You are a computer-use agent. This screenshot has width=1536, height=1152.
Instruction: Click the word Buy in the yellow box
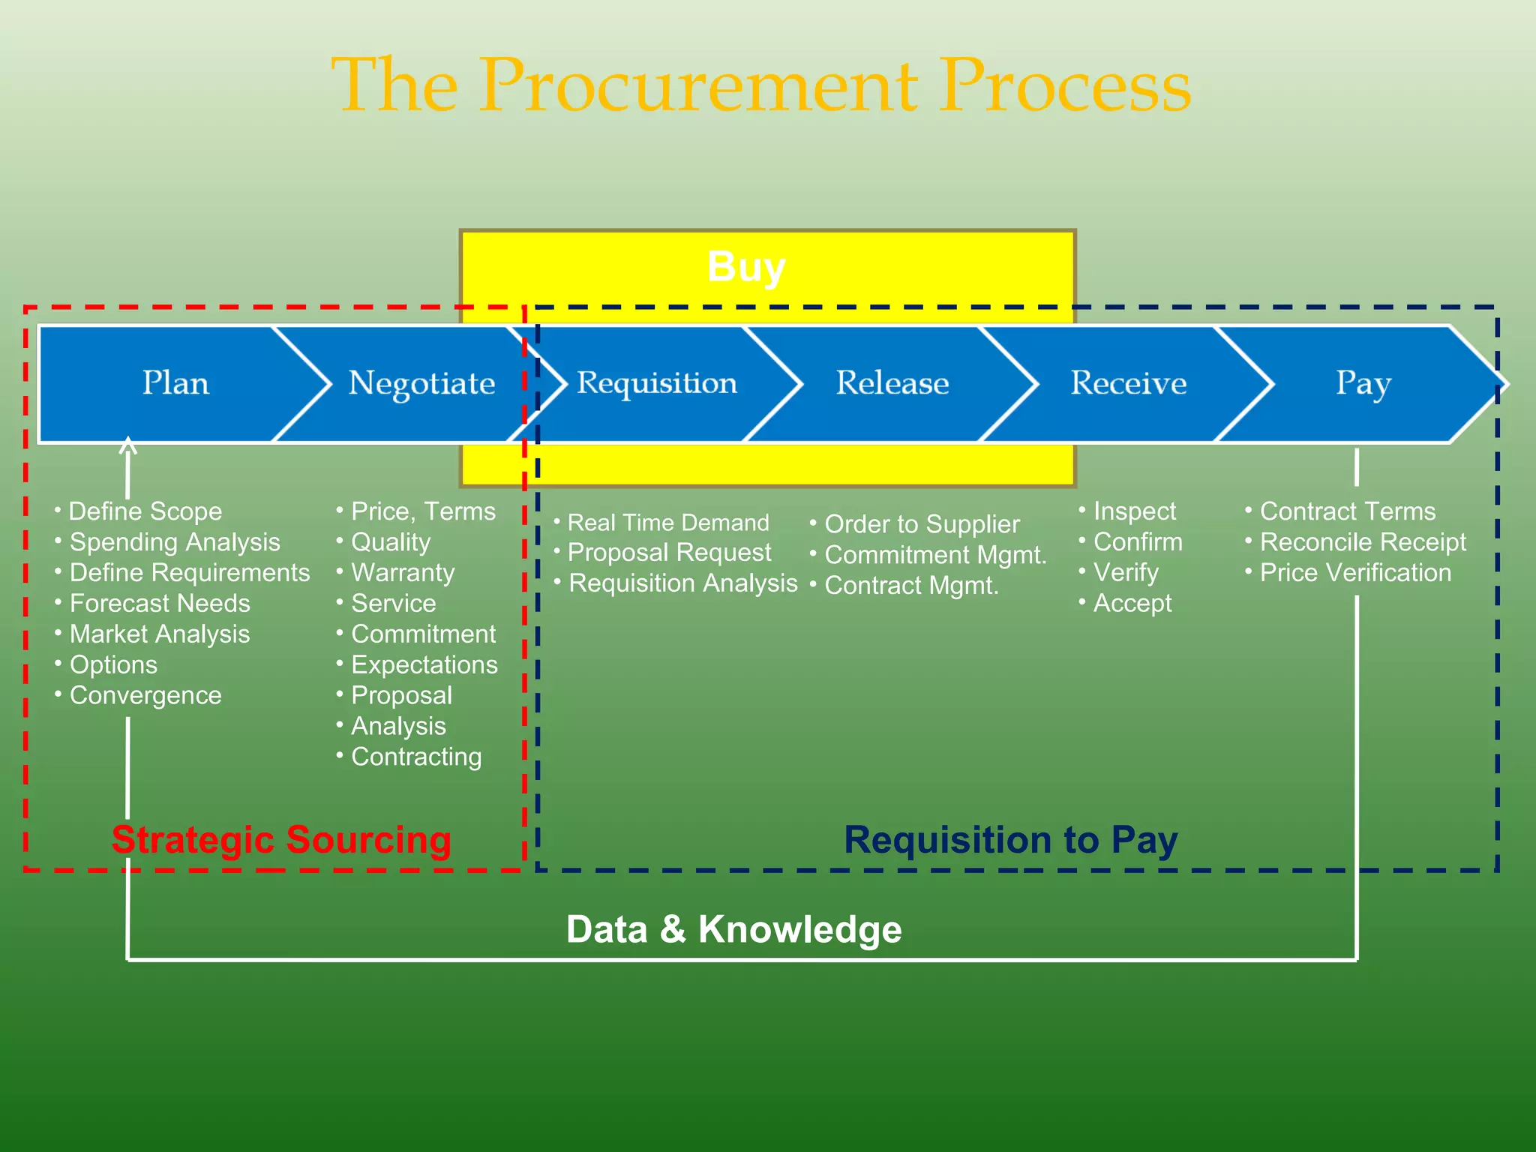click(x=746, y=267)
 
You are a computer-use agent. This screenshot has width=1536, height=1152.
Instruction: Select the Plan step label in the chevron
click(x=175, y=383)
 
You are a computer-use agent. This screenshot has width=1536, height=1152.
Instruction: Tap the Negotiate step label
click(x=421, y=383)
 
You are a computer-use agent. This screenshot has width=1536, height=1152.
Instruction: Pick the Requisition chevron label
click(x=657, y=383)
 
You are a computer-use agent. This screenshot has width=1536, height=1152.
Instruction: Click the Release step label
click(x=892, y=383)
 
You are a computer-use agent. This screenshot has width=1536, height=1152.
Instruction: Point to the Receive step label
click(x=1128, y=383)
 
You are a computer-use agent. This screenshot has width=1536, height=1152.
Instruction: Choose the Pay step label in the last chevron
click(x=1363, y=384)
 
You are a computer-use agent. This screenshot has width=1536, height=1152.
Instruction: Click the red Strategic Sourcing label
click(x=281, y=840)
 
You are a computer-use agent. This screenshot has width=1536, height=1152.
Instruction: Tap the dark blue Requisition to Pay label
click(x=1011, y=840)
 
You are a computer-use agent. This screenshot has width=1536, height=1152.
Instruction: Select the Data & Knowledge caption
click(x=733, y=929)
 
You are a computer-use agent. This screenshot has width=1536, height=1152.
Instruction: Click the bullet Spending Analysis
click(x=175, y=542)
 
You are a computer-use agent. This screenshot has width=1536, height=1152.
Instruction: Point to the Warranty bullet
click(x=403, y=573)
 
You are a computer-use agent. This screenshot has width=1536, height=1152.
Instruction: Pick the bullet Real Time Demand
click(x=668, y=523)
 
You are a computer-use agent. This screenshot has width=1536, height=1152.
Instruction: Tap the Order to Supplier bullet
click(x=922, y=524)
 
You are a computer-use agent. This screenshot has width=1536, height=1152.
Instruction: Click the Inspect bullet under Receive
click(x=1134, y=511)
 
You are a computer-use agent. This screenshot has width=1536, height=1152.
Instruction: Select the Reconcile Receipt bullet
click(x=1362, y=542)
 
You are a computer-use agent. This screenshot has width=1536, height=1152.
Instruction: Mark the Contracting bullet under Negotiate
click(x=416, y=757)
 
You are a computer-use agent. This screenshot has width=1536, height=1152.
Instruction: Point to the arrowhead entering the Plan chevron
click(x=128, y=445)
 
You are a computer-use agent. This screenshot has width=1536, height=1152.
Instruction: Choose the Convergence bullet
click(x=145, y=696)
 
